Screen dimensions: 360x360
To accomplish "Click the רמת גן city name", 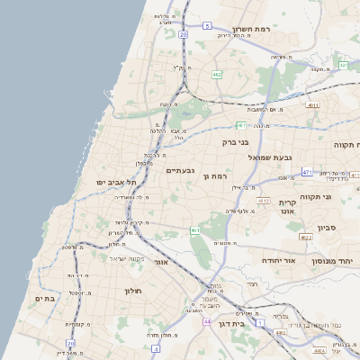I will tap(218, 176).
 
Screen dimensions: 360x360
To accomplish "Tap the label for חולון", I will tap(130, 291).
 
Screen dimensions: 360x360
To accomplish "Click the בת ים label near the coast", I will tap(45, 298).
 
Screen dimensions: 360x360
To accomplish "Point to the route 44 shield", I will tap(207, 321).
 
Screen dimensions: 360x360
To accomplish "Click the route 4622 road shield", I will tap(306, 238).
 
